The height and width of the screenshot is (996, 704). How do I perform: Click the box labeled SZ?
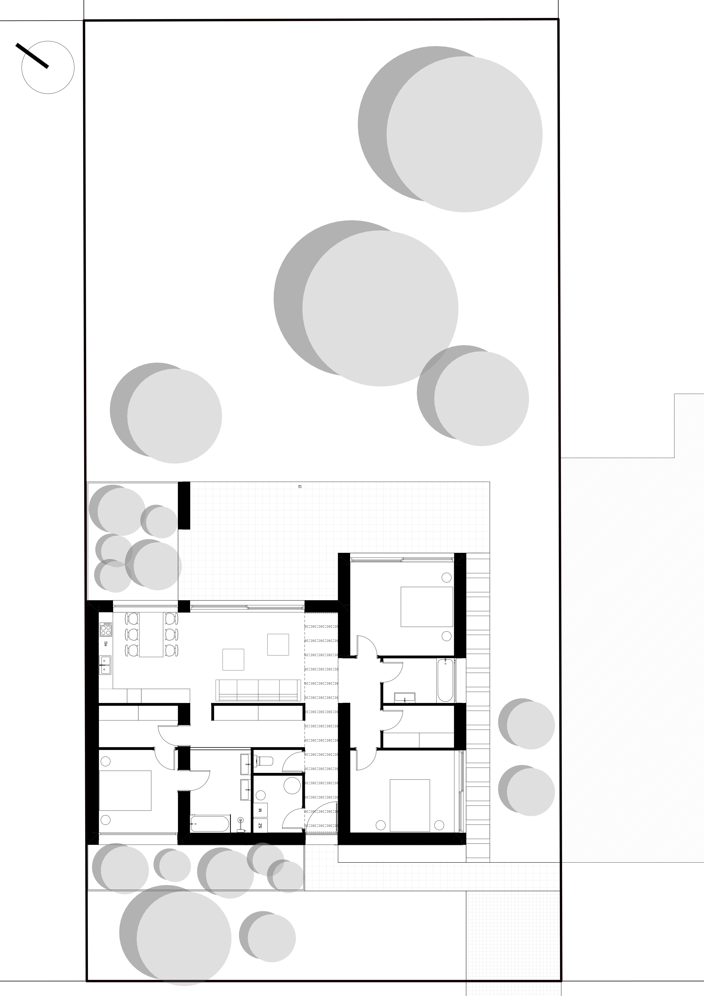260,826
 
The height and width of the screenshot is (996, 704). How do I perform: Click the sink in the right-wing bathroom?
404,697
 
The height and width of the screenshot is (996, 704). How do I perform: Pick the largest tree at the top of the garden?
450,129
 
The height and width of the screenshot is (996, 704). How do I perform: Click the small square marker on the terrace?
300,487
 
